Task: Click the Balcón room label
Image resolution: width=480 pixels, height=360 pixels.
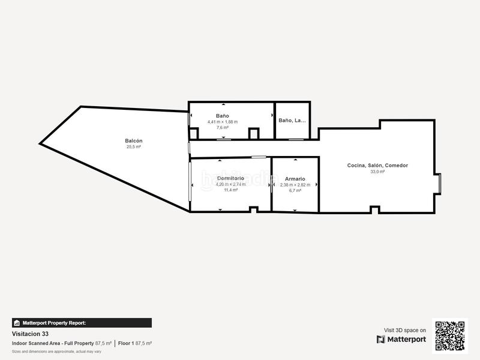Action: (x=133, y=141)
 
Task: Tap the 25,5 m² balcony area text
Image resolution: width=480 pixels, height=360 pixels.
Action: (x=133, y=147)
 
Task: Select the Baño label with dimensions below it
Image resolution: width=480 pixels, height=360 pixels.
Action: (x=222, y=116)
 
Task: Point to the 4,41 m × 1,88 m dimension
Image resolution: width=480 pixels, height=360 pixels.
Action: (x=223, y=122)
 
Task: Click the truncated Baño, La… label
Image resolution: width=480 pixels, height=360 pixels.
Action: (x=292, y=120)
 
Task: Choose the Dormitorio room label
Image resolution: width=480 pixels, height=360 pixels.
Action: (x=230, y=179)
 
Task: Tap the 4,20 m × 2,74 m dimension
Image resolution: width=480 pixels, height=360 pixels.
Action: (x=231, y=185)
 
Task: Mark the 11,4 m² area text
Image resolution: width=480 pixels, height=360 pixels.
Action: (x=231, y=190)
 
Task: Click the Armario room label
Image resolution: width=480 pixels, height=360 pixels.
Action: (x=295, y=179)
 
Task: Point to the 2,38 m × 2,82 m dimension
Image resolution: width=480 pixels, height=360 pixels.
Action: (x=295, y=185)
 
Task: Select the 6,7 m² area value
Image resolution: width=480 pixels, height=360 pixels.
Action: (x=295, y=190)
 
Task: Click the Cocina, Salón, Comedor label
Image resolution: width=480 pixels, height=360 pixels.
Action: (x=377, y=166)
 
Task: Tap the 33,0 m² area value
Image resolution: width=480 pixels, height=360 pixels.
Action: (x=377, y=172)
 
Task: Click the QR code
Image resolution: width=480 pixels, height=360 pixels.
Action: (x=450, y=335)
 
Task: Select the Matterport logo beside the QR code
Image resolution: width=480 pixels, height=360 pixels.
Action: (x=401, y=340)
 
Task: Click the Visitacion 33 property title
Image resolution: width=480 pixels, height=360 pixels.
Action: (x=31, y=334)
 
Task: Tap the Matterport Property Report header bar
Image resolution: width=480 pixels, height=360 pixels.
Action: (x=82, y=323)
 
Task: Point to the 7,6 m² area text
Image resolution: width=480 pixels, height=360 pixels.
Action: (x=223, y=127)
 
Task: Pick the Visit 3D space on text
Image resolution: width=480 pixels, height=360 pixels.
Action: (x=405, y=330)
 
